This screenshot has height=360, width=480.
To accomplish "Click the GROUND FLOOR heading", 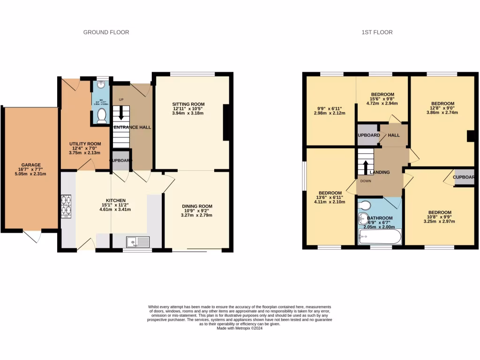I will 106,32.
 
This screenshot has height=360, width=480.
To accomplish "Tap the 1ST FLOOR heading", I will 377,32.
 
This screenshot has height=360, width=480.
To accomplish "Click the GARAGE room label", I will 31,165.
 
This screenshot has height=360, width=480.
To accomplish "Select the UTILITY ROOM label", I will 85,144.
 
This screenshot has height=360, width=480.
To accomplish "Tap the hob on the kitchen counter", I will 66,206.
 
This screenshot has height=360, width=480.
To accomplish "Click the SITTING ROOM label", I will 188,104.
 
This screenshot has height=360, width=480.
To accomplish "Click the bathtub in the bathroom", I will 379,237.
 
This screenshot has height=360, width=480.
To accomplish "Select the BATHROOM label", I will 380,218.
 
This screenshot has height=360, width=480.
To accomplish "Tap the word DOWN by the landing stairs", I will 366,180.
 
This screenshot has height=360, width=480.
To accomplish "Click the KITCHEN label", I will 115,200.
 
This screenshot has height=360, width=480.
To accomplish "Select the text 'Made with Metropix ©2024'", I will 240,329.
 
